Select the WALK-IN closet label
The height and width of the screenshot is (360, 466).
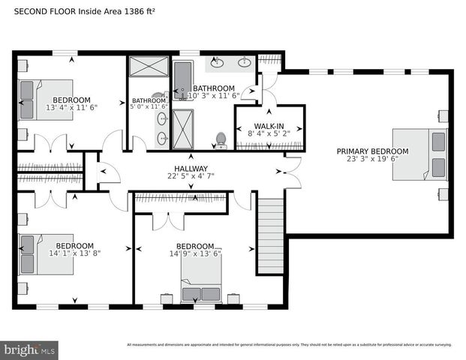click(x=268, y=126)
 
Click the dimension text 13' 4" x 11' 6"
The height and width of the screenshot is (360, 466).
click(x=72, y=107)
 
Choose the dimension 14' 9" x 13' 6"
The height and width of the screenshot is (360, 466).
click(x=194, y=253)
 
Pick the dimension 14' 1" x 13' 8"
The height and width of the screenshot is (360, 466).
click(x=74, y=253)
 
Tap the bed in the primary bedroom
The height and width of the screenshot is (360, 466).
click(x=419, y=154)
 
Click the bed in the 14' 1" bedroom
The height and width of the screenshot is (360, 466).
click(x=44, y=253)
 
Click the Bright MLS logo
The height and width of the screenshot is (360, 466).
click(x=30, y=349)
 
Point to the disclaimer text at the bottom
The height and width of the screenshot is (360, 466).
click(x=289, y=345)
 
